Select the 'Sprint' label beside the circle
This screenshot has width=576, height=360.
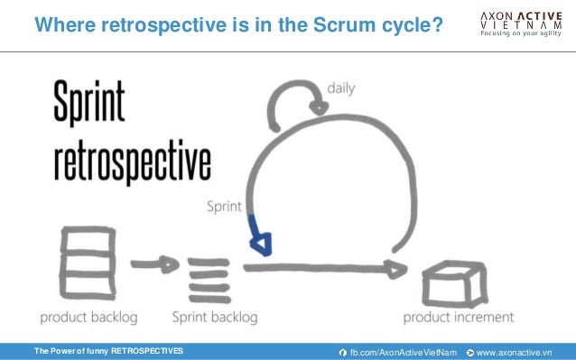223,206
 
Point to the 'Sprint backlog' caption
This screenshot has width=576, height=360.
215,317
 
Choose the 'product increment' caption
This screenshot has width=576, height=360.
458,317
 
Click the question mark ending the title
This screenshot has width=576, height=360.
436,26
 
